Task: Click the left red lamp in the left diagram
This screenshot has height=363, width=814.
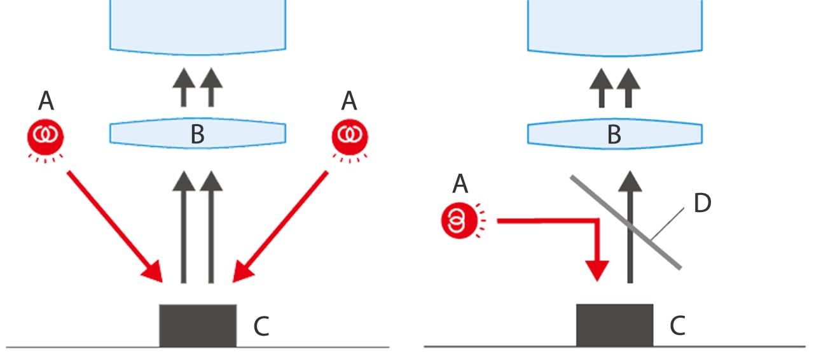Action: (x=45, y=136)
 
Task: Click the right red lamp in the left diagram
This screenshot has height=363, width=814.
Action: (x=350, y=136)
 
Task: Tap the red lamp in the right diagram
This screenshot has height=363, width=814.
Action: (x=459, y=221)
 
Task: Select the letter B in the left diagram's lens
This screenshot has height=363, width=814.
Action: (x=197, y=135)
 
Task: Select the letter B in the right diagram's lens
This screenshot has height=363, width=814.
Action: (x=614, y=135)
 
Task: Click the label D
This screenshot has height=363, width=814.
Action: (x=702, y=204)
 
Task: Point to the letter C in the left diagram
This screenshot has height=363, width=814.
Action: (x=261, y=326)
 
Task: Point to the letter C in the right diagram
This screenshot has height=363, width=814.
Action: (x=678, y=326)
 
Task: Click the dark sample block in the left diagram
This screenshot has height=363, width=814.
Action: (x=197, y=325)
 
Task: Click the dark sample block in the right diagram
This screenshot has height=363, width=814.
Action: (x=614, y=325)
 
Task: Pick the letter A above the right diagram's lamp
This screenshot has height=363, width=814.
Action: (x=460, y=185)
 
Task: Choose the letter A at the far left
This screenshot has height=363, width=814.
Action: (x=46, y=100)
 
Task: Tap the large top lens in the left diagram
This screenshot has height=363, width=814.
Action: (x=197, y=25)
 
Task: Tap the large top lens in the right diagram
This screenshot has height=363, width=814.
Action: (x=614, y=25)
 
